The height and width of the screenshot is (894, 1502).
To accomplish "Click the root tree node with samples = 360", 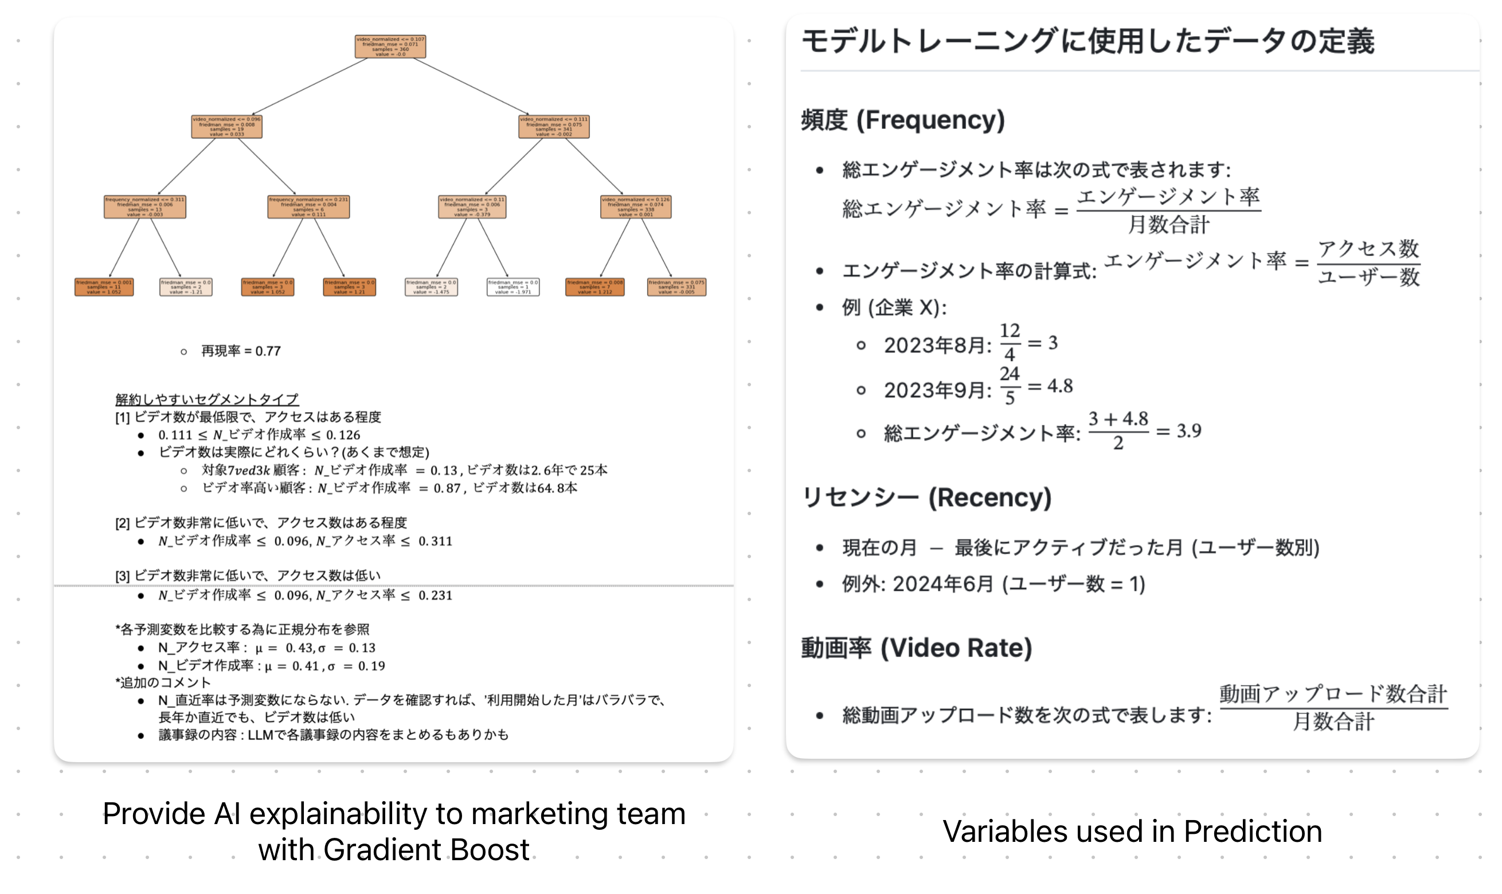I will point(390,46).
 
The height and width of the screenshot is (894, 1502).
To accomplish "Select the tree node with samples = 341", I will point(553,127).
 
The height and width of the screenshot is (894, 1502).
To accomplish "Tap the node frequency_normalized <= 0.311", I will point(144,207).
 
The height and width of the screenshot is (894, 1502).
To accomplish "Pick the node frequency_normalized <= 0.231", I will point(308,207).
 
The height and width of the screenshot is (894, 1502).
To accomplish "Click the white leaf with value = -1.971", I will point(513,287).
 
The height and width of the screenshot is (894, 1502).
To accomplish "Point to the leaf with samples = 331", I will point(676,287).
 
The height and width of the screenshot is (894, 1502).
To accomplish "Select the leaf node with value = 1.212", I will point(594,287).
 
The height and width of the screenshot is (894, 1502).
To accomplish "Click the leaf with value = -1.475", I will point(431,287).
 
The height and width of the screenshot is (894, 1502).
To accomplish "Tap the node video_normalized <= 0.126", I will point(635,207).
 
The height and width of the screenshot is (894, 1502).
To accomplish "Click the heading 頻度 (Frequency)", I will point(902,120).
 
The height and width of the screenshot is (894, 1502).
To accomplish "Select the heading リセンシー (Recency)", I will point(926,497).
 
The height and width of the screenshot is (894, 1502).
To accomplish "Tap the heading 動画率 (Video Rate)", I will point(916,648).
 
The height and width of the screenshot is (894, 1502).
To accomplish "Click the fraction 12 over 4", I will point(1009,342).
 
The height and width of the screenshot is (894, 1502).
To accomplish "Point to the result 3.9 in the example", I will point(1188,431).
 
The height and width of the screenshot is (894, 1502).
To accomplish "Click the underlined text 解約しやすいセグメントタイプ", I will point(206,399).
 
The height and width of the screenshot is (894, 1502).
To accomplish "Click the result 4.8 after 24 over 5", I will point(1060,386).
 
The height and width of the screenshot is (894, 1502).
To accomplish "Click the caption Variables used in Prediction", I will point(1132,832).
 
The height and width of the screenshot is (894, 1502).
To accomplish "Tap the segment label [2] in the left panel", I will point(122,523).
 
